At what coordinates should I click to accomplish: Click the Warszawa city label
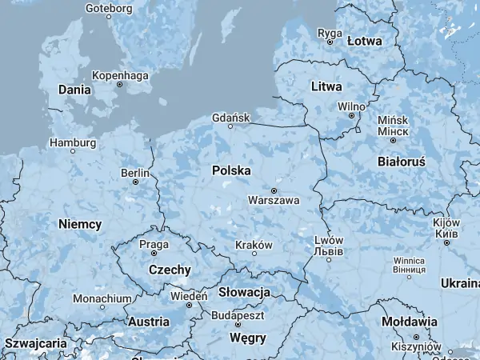[274, 200]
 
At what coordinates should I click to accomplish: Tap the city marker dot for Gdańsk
[230, 126]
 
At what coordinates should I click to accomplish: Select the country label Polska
[231, 170]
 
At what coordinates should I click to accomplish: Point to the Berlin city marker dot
[136, 182]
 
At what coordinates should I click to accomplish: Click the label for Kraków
[254, 245]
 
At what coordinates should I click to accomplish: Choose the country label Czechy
[169, 270]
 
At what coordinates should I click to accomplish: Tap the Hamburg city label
[73, 142]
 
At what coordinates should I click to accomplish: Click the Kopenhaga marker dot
[120, 84]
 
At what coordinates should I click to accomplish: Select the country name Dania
[74, 90]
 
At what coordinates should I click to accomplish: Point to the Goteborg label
[108, 9]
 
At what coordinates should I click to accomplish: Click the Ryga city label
[330, 33]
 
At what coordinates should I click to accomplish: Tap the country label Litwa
[326, 86]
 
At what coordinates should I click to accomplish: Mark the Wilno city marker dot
[350, 115]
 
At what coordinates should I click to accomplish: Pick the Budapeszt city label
[238, 316]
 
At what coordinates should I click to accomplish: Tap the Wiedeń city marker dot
[190, 305]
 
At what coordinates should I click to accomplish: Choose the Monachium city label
[102, 298]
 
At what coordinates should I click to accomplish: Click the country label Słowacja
[244, 292]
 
